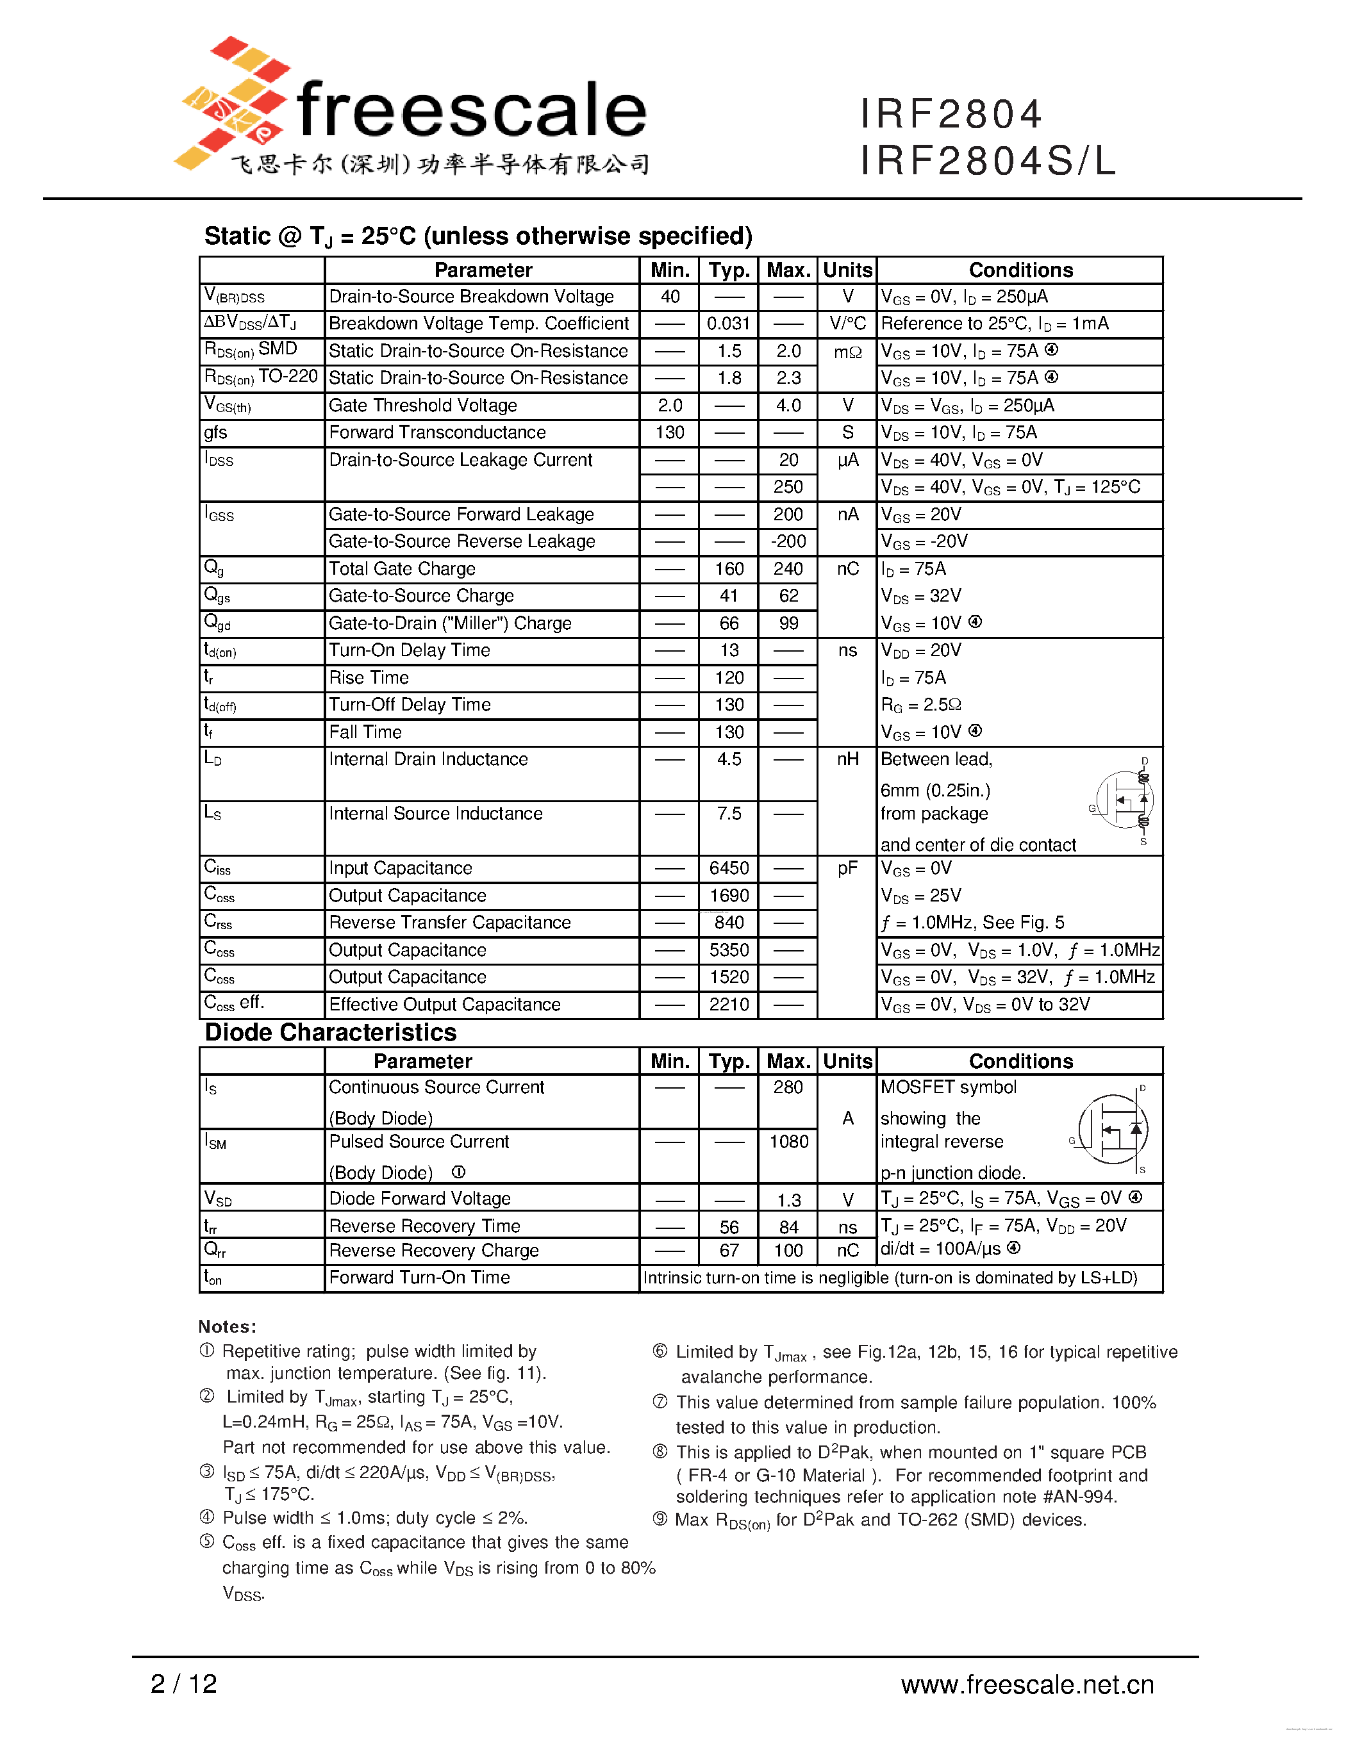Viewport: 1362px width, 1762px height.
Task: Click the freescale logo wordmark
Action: click(471, 111)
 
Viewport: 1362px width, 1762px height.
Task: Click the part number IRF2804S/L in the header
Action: click(988, 160)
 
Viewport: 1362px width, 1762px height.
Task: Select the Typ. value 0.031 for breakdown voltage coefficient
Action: click(728, 324)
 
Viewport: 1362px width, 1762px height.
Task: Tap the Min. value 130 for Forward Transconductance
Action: click(669, 432)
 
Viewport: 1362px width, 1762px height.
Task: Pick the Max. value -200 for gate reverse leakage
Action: click(788, 541)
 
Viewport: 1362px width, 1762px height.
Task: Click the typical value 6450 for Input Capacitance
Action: click(729, 868)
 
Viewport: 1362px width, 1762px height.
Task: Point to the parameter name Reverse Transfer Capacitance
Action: click(449, 922)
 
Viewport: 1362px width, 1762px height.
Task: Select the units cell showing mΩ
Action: click(847, 352)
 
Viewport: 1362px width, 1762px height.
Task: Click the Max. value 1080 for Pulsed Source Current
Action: click(788, 1142)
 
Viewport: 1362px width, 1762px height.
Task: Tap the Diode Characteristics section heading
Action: click(331, 1033)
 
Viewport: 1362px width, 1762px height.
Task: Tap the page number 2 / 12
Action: click(184, 1683)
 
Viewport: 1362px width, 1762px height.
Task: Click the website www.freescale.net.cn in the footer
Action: click(1027, 1684)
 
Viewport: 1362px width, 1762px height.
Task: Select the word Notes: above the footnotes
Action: click(228, 1326)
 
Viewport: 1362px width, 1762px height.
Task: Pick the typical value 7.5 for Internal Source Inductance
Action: click(729, 813)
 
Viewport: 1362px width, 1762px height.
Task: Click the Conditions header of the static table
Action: click(1020, 270)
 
